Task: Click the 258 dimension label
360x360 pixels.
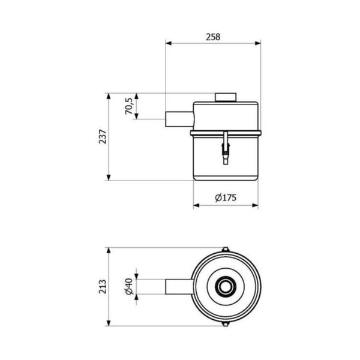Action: tap(213, 37)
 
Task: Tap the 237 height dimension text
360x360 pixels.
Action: tap(103, 137)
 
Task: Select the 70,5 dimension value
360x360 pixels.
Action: tap(128, 106)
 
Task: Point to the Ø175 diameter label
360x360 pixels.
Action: tap(226, 197)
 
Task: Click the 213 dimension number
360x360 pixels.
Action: tap(103, 287)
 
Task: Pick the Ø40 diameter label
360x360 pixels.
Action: tap(129, 287)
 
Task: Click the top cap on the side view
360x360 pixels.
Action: tap(226, 97)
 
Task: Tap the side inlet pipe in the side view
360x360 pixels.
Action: tap(179, 119)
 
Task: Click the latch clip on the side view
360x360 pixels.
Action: tap(226, 148)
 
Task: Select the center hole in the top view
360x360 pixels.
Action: tap(226, 287)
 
